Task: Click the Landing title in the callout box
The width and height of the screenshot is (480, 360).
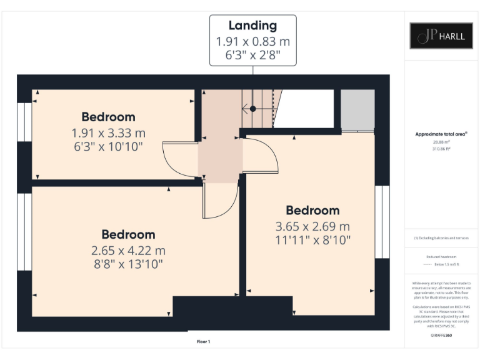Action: (252, 26)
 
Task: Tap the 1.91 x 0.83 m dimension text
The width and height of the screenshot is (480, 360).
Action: (252, 42)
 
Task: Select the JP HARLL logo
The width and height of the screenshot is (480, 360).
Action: (441, 36)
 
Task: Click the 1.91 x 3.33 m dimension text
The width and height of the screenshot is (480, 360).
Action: (108, 132)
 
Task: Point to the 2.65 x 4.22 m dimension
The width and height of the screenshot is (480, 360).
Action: (127, 251)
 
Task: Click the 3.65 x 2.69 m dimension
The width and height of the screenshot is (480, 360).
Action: (312, 226)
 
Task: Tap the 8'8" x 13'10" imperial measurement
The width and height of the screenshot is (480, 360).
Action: (127, 264)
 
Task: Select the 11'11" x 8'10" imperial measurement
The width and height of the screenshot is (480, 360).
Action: (312, 239)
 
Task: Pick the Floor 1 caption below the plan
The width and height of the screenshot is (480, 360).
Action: (203, 342)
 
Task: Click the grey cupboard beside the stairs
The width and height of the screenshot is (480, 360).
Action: (357, 109)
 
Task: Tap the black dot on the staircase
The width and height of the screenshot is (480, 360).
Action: (253, 109)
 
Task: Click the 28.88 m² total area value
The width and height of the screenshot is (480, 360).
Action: (441, 141)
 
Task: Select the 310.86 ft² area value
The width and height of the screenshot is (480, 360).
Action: (441, 149)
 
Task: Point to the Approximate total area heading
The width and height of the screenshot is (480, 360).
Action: (441, 134)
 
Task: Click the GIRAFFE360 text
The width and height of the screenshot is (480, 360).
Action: (441, 336)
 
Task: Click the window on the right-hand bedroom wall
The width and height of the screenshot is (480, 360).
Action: (382, 222)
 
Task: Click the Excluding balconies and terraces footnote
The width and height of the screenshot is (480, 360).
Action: (441, 238)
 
